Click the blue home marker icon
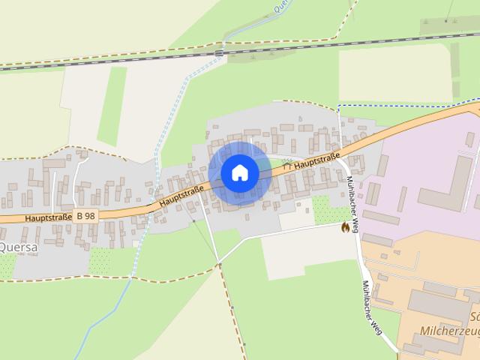[x=240, y=172]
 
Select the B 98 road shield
[x=85, y=215]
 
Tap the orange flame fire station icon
[x=345, y=226]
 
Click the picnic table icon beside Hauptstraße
[x=286, y=161]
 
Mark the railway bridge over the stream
[x=218, y=53]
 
